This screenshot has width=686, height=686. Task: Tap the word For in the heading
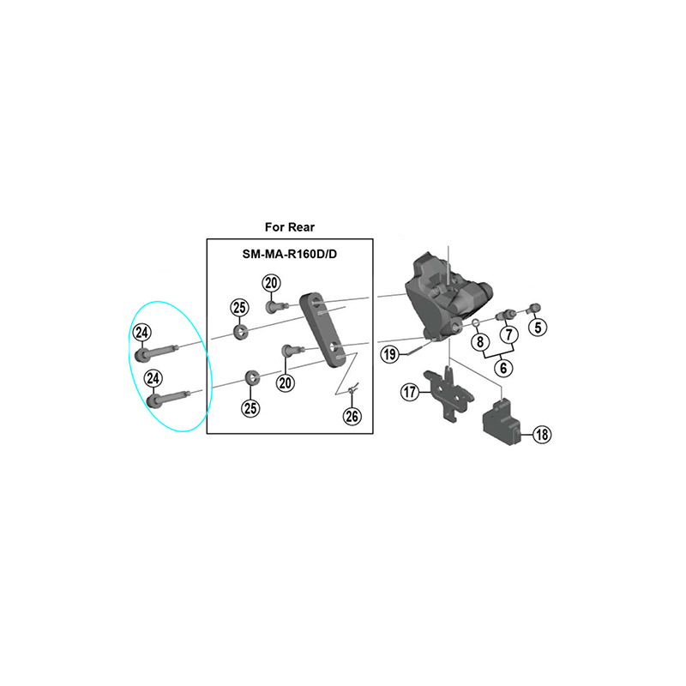(274, 227)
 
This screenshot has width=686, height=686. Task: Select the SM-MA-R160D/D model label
(290, 254)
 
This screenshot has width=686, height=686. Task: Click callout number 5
(538, 328)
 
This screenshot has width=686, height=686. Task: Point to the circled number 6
(503, 368)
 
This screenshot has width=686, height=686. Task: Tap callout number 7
(508, 335)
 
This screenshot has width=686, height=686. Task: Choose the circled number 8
(480, 341)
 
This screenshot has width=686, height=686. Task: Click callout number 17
(410, 392)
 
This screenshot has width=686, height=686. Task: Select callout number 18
(542, 435)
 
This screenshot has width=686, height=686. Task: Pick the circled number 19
(390, 354)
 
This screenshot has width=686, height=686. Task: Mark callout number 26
(352, 416)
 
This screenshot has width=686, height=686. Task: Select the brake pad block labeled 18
(502, 422)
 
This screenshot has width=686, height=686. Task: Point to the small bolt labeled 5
(534, 309)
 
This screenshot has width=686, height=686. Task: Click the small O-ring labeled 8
(476, 323)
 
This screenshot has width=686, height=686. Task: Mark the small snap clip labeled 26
(354, 388)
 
